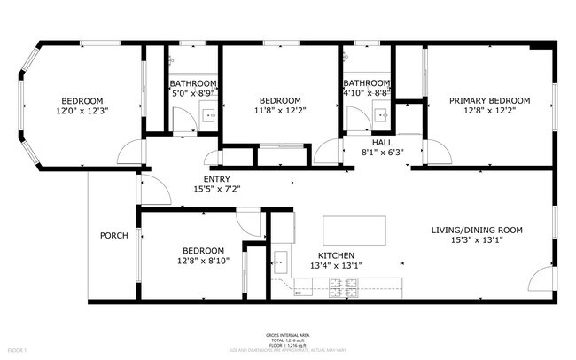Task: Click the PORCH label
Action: pos(113,235)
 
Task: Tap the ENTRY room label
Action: pos(216,179)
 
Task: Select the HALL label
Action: pos(382,142)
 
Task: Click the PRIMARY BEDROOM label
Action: pos(489,100)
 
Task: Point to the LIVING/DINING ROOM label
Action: pos(477,230)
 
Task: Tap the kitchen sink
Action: pos(281,261)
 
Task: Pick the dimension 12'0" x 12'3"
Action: pos(81,111)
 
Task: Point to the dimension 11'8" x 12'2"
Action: pos(280,111)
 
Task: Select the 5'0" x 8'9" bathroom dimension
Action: pos(193,92)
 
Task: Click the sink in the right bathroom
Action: pos(381,114)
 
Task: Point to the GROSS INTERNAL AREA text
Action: pos(287,335)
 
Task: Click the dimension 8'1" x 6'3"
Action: pos(382,152)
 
